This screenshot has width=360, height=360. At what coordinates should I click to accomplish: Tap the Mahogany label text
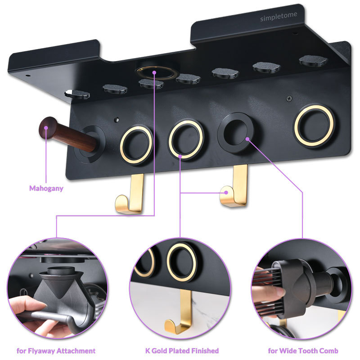[x=46, y=188]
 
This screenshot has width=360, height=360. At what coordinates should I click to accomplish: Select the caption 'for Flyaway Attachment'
[x=56, y=350]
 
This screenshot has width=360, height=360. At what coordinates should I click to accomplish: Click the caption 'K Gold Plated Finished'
[x=182, y=350]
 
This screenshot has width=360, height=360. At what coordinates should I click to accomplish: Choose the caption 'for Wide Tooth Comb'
[x=303, y=350]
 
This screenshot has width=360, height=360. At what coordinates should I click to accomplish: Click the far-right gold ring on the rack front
[x=314, y=125]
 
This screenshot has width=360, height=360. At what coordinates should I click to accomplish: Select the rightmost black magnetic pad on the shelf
[x=313, y=60]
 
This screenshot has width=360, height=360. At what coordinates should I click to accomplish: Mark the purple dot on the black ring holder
[x=247, y=139]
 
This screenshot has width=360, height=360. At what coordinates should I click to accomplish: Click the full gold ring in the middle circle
[x=182, y=262]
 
